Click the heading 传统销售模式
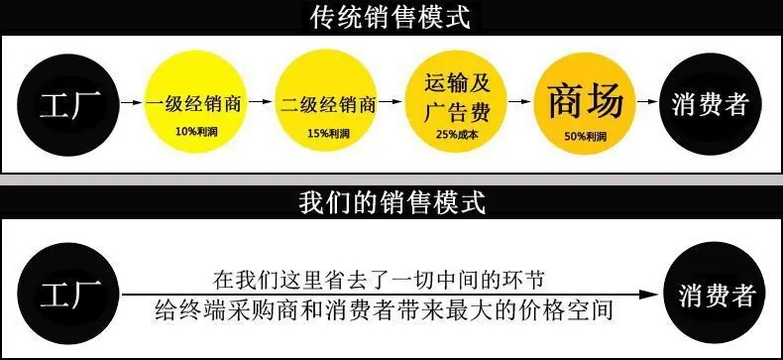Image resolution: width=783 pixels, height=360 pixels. [391, 18]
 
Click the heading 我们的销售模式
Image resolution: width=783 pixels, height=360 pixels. [392, 202]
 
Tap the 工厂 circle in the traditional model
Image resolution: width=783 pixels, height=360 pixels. [69, 104]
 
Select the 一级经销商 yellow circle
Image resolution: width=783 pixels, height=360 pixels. [194, 102]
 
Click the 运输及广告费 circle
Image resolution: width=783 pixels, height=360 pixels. [456, 102]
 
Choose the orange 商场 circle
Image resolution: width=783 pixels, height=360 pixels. [584, 103]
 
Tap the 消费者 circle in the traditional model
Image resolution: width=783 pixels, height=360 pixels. [711, 104]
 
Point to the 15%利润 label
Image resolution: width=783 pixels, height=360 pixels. [328, 134]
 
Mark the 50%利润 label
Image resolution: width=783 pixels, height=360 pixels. [586, 136]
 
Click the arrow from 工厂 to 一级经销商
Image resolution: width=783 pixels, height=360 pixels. [132, 102]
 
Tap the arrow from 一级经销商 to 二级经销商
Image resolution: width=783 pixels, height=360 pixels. [261, 101]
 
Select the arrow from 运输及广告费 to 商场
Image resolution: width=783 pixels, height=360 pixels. [519, 101]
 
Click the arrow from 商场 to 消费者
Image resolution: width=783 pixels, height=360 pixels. [647, 101]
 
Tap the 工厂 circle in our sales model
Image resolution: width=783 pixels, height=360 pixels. [69, 294]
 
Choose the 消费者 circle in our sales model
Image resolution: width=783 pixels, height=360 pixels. [715, 294]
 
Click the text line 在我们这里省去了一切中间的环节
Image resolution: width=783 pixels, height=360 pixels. [378, 280]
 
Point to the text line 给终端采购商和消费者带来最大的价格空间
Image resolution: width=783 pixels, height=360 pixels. [383, 310]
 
